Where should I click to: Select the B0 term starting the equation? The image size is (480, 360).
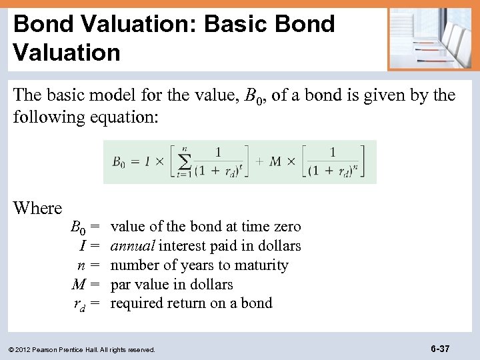(x=119, y=161)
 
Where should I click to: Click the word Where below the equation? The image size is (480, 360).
(x=37, y=208)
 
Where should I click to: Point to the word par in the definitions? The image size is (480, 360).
(x=121, y=285)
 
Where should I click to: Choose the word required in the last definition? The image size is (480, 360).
(x=138, y=303)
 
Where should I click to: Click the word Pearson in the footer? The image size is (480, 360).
(x=50, y=349)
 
